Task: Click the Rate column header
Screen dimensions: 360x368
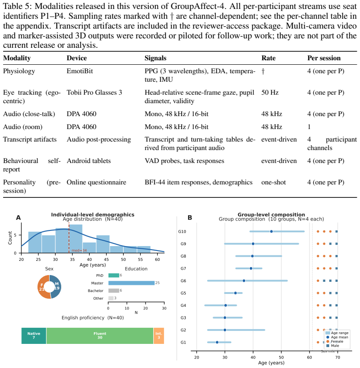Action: point(268,58)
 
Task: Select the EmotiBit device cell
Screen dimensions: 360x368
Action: point(80,71)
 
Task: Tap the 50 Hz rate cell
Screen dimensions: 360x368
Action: point(270,92)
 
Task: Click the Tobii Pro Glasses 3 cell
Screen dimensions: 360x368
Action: point(94,92)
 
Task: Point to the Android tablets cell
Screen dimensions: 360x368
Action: point(89,161)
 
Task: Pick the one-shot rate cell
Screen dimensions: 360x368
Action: point(274,182)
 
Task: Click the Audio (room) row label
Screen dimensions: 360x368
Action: point(23,127)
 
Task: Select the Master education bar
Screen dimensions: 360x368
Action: point(131,283)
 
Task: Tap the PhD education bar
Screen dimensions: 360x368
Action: point(113,275)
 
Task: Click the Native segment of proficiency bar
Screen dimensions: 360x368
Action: point(34,335)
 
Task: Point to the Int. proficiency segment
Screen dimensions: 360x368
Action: point(159,335)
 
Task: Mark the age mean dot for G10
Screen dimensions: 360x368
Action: point(272,231)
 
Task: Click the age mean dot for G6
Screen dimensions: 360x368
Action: point(244,281)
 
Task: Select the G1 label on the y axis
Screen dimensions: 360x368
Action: point(183,343)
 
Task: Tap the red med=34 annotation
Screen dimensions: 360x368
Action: point(79,251)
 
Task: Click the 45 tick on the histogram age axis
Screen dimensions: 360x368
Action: point(106,259)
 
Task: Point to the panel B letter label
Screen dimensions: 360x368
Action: point(190,218)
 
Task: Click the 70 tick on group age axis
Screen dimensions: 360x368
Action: point(338,357)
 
